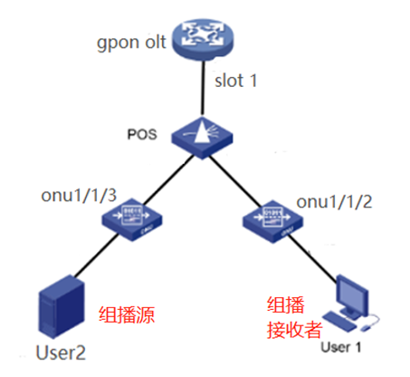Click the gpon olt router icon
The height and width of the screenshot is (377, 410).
(x=203, y=39)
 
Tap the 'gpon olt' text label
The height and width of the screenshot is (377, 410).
(x=131, y=43)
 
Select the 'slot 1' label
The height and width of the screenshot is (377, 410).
(x=235, y=81)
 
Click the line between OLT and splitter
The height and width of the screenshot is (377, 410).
(x=203, y=88)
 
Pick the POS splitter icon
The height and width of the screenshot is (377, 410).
(x=202, y=138)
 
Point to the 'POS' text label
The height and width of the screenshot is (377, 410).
(x=142, y=134)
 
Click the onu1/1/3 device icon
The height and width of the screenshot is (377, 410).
(x=132, y=219)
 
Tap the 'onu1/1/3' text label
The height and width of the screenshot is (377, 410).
(x=79, y=195)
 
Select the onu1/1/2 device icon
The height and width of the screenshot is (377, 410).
(x=272, y=221)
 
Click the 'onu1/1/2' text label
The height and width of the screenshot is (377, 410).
(x=334, y=202)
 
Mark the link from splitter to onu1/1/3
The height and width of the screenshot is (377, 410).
(x=168, y=179)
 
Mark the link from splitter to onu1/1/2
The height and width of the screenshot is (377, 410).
(x=235, y=181)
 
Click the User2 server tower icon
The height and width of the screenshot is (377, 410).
(x=62, y=306)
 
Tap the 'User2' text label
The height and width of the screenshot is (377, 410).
(x=61, y=353)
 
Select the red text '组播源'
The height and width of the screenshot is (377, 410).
(x=127, y=315)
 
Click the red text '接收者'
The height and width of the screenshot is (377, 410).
(x=295, y=329)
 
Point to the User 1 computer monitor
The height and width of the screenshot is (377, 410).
(x=352, y=296)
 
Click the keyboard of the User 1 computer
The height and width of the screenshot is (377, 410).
(x=339, y=322)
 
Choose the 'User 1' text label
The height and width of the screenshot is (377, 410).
(x=341, y=347)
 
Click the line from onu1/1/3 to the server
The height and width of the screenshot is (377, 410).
(x=97, y=256)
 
